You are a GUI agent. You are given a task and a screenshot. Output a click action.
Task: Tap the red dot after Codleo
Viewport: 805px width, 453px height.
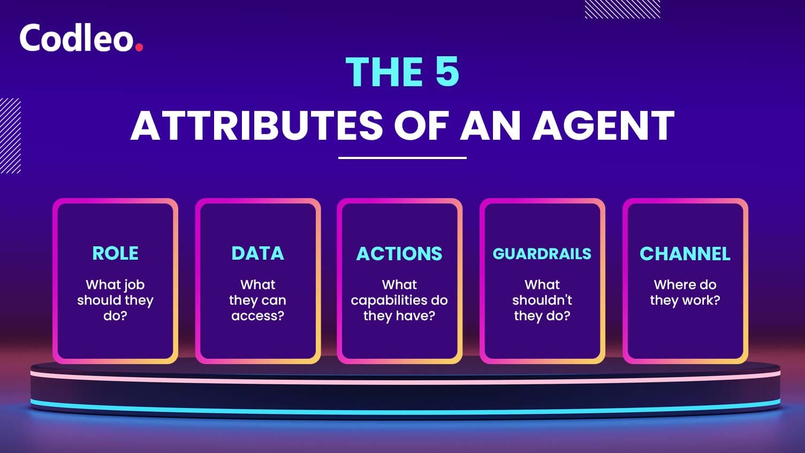click(139, 47)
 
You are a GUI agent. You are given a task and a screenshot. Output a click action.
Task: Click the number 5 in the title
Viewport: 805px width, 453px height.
click(447, 72)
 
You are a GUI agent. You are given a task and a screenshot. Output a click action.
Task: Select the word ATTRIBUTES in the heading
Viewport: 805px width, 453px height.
click(256, 125)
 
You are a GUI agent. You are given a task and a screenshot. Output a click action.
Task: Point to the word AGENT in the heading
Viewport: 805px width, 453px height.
click(603, 125)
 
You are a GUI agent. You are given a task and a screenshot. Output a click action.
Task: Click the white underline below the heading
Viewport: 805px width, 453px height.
click(403, 157)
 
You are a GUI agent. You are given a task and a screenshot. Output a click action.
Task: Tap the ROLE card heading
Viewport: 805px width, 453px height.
click(116, 253)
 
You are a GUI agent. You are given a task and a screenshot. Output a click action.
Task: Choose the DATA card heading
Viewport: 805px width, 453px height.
click(257, 253)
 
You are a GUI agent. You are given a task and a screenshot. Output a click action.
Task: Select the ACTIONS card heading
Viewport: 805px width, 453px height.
click(399, 253)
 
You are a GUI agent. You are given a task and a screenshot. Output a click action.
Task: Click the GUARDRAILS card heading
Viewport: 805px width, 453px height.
click(542, 254)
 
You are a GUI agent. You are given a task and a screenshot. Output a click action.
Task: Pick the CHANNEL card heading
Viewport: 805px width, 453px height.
click(685, 253)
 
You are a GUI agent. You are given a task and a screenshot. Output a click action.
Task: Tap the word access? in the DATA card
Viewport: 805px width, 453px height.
click(257, 316)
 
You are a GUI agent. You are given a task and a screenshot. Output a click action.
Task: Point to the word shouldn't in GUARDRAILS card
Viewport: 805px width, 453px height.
click(542, 300)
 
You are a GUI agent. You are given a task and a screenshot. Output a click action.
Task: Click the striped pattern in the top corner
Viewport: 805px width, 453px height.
click(622, 9)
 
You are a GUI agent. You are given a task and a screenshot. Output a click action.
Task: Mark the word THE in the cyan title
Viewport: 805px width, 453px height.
click(384, 72)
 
